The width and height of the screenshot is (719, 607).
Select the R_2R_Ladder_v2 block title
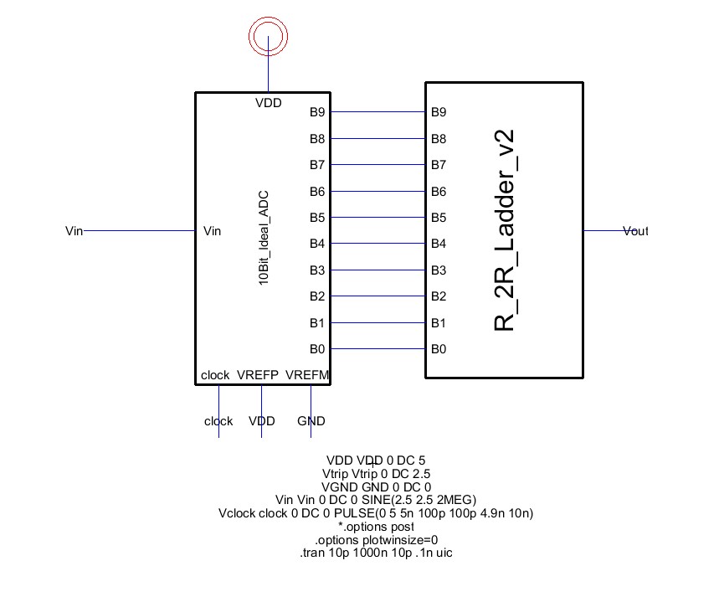pyautogui.click(x=505, y=230)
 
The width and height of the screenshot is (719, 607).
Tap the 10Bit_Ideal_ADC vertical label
pyautogui.click(x=263, y=238)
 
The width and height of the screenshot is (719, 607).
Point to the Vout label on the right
pyautogui.click(x=635, y=231)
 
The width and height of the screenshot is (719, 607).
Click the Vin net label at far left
pyautogui.click(x=74, y=231)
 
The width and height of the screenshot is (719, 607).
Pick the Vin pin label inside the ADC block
pyautogui.click(x=212, y=231)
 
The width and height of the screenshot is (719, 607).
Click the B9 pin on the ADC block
pyautogui.click(x=317, y=112)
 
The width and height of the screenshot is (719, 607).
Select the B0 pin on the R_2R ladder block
pyautogui.click(x=439, y=349)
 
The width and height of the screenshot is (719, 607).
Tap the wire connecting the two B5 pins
pyautogui.click(x=377, y=217)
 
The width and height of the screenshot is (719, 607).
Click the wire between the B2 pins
pyautogui.click(x=377, y=296)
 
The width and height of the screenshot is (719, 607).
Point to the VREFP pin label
pyautogui.click(x=258, y=375)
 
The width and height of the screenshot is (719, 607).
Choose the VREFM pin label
pyautogui.click(x=307, y=375)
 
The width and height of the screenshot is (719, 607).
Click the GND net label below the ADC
pyautogui.click(x=311, y=421)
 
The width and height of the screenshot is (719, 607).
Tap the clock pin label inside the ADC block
pyautogui.click(x=215, y=375)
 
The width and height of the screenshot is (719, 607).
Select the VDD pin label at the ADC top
pyautogui.click(x=268, y=103)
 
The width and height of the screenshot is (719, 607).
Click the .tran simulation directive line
pyautogui.click(x=376, y=553)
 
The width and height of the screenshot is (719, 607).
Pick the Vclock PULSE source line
pyautogui.click(x=376, y=513)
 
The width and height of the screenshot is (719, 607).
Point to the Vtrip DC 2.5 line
pyautogui.click(x=376, y=474)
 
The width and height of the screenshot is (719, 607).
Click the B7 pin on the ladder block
pyautogui.click(x=439, y=165)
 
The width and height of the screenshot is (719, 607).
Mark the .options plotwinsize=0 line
pyautogui.click(x=376, y=539)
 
